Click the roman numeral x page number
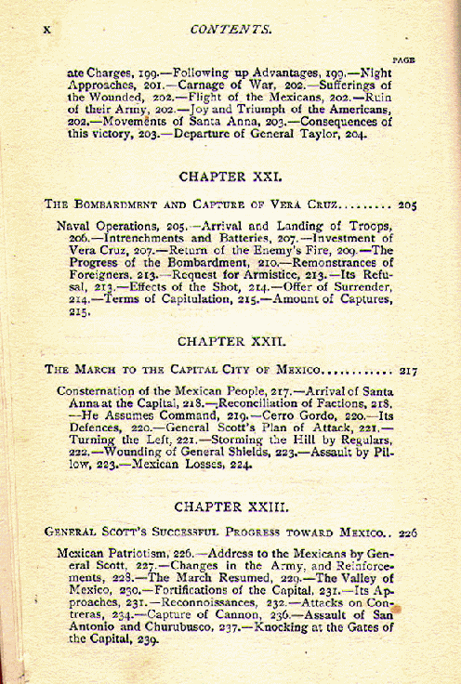pos(46,31)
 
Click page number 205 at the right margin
pos(407,203)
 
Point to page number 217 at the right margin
pos(407,370)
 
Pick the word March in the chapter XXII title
pos(97,370)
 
